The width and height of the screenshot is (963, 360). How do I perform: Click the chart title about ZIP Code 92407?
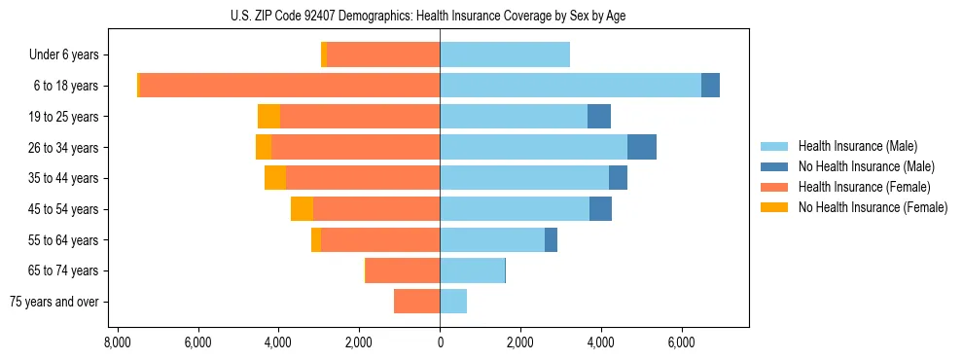click(440, 16)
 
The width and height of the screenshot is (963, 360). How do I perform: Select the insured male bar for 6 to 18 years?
click(570, 86)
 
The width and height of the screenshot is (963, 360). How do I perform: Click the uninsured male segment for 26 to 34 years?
click(642, 147)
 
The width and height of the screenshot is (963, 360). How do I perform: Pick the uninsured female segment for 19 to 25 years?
click(268, 117)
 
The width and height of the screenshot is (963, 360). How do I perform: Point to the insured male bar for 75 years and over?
click(453, 302)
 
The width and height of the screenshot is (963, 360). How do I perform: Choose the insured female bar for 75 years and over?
click(416, 302)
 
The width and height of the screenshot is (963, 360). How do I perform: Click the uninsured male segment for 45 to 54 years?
click(600, 209)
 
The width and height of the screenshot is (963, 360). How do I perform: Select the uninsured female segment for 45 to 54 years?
click(302, 209)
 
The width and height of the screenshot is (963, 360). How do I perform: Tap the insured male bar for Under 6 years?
click(505, 54)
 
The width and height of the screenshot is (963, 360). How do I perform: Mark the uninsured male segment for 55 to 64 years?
click(551, 240)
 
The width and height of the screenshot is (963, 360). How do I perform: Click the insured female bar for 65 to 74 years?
click(403, 270)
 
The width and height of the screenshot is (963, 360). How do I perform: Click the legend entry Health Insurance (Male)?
click(857, 146)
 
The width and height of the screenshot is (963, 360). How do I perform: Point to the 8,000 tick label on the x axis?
click(117, 342)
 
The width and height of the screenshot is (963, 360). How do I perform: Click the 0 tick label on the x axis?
click(440, 342)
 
